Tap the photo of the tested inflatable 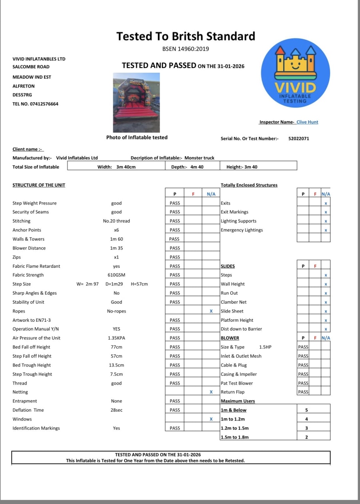pos(136,102)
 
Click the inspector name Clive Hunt pos(307,122)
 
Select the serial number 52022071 pos(298,139)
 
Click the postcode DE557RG pos(22,95)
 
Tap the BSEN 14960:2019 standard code pos(186,49)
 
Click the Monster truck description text pos(199,158)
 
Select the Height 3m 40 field pos(242,167)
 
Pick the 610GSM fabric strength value pos(116,275)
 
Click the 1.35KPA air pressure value pos(116,338)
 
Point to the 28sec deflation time pos(116,410)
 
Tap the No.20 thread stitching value pos(116,221)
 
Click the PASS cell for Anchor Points pos(175,230)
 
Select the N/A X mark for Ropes pos(211,311)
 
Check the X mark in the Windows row pos(211,419)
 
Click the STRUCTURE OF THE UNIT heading pos(39,185)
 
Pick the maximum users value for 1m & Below pos(306,410)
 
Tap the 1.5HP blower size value pos(265,347)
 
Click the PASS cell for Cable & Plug pos(303,365)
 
